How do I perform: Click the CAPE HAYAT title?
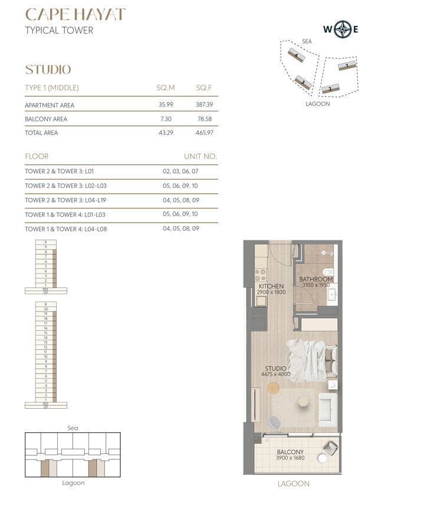pyautogui.click(x=75, y=15)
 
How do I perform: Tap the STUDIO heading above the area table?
pyautogui.click(x=48, y=69)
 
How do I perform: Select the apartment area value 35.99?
pyautogui.click(x=165, y=105)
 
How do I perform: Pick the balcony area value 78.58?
pyautogui.click(x=204, y=119)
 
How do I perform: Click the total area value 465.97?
pyautogui.click(x=204, y=133)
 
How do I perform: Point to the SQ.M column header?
pyautogui.click(x=166, y=88)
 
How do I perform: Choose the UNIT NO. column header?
pyautogui.click(x=201, y=157)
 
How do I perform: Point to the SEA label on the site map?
pyautogui.click(x=307, y=42)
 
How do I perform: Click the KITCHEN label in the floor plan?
pyautogui.click(x=271, y=287)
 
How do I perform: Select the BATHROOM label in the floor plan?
pyautogui.click(x=316, y=279)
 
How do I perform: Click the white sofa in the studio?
pyautogui.click(x=328, y=410)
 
